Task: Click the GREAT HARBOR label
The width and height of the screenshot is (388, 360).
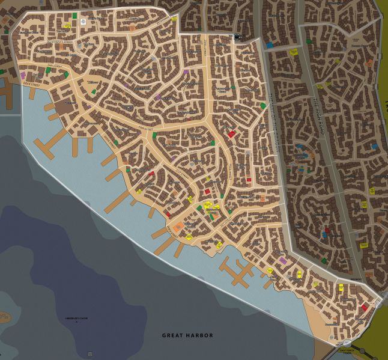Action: (187, 335)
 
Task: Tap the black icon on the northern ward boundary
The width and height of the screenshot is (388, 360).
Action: (237, 37)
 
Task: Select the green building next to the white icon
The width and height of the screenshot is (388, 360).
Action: (74, 16)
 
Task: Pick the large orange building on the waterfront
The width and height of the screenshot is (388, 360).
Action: (178, 227)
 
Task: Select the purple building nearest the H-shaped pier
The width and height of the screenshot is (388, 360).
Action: (282, 260)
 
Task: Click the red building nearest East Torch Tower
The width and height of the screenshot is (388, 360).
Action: (364, 307)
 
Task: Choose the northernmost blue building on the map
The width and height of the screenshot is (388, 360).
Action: (270, 44)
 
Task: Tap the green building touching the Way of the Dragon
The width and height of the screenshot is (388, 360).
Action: (263, 106)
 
